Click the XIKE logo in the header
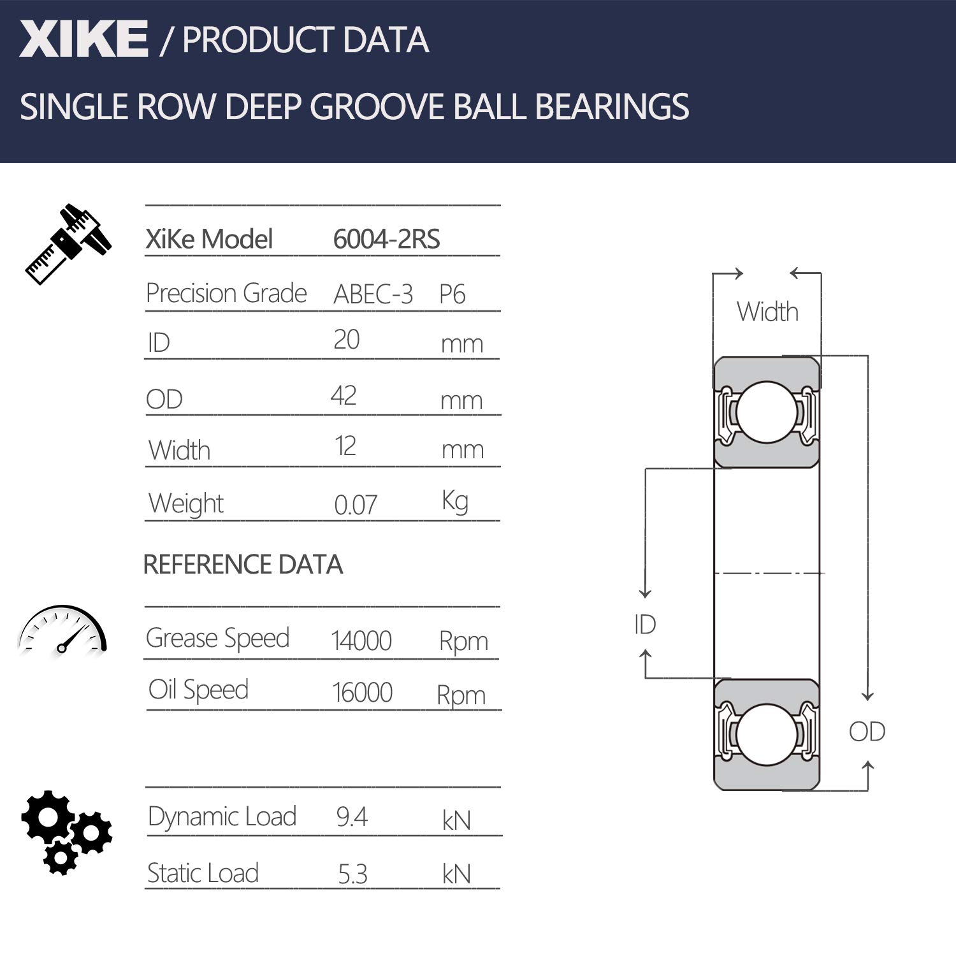click(83, 39)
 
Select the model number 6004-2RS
click(386, 240)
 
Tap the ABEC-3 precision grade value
click(373, 294)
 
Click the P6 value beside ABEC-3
click(452, 294)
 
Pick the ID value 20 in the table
click(347, 340)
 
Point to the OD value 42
click(344, 396)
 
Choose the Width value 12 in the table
click(345, 446)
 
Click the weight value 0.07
click(356, 505)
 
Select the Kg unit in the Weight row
click(455, 501)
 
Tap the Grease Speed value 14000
click(361, 641)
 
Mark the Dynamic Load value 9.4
click(352, 817)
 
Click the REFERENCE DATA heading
click(243, 565)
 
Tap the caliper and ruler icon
click(68, 243)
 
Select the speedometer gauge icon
click(62, 630)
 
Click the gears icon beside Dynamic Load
click(66, 832)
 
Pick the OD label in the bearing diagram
click(867, 732)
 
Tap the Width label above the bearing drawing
click(767, 312)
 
